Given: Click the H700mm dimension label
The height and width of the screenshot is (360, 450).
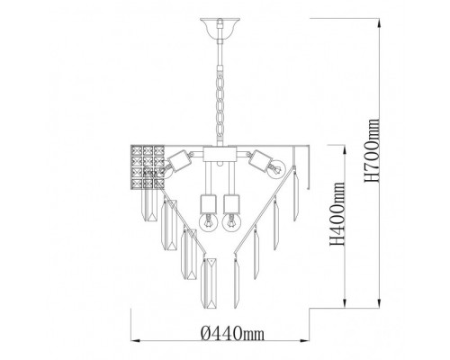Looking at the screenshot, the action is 372,150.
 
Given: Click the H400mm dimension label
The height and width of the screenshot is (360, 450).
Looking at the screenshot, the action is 337,213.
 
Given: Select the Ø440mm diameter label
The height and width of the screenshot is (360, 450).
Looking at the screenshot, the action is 232,333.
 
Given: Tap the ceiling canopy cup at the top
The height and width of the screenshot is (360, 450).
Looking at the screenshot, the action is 220,28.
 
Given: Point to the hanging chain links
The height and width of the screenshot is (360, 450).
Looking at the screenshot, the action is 220,105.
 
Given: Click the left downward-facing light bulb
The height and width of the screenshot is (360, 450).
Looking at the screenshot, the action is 208,222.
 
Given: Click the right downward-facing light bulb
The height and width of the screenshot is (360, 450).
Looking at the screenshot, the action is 231,222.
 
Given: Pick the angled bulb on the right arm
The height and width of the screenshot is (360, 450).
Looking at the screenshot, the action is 275,170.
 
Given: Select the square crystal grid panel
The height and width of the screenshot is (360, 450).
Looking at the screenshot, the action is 148,167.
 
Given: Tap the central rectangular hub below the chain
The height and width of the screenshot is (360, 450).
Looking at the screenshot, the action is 220,154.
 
